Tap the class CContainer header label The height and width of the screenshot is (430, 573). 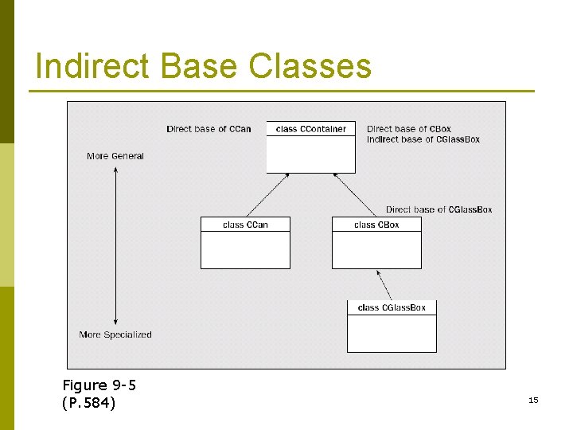(311, 129)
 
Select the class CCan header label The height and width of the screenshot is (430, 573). (245, 225)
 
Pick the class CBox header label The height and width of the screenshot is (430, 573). (376, 225)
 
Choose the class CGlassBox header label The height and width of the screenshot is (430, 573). (392, 307)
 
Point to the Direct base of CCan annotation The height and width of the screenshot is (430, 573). (209, 129)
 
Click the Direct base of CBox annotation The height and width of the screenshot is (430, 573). (409, 129)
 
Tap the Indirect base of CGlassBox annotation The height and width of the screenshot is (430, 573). (423, 139)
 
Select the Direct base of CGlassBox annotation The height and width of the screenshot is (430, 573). (439, 209)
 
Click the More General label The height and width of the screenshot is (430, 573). (115, 156)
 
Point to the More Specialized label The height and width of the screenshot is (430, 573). (115, 334)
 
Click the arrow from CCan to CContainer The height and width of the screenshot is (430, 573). (267, 195)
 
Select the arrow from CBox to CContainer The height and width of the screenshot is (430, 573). (355, 195)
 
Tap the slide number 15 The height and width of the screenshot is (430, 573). (533, 400)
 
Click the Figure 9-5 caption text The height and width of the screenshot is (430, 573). (99, 385)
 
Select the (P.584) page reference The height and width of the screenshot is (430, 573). (88, 403)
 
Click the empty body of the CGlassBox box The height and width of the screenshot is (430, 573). (392, 333)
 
